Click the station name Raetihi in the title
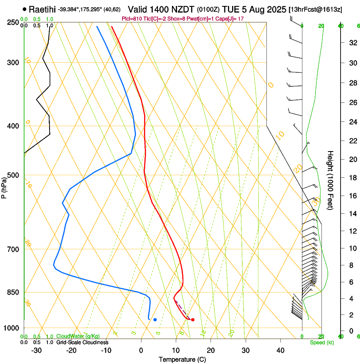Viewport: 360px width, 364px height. click(42, 9)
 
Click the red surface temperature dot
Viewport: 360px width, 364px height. click(193, 320)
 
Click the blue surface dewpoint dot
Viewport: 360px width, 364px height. click(155, 320)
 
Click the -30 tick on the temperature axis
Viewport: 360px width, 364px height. click(36, 350)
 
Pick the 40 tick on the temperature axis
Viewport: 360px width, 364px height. click(280, 350)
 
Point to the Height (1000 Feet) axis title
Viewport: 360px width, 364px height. click(331, 180)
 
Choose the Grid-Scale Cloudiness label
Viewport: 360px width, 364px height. click(82, 342)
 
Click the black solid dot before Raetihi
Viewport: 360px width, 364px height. click(25, 9)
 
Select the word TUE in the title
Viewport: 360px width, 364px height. click(225, 9)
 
